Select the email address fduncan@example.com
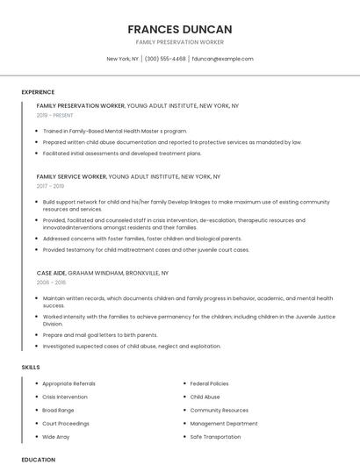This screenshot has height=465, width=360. tap(222, 59)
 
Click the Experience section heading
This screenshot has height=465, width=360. tap(38, 91)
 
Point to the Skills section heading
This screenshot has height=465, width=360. tap(31, 367)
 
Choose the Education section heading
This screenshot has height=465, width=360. tap(38, 459)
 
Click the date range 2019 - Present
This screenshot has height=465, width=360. tap(55, 115)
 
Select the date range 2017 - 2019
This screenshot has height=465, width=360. tap(50, 186)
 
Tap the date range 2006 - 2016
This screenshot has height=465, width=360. tap(51, 283)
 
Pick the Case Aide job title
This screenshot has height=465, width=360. tap(51, 273)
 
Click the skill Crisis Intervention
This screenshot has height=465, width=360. tap(66, 397)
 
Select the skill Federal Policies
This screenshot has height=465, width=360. tap(209, 383)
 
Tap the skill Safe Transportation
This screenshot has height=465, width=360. tap(215, 436)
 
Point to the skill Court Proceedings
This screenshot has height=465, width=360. tap(65, 423)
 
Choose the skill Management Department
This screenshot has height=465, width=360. tap(224, 423)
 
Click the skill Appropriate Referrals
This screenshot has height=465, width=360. tap(68, 383)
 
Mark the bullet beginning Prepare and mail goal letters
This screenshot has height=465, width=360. tap(100, 334)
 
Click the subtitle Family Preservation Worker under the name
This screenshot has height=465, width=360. tap(179, 42)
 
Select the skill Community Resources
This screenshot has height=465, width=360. tap(219, 410)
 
